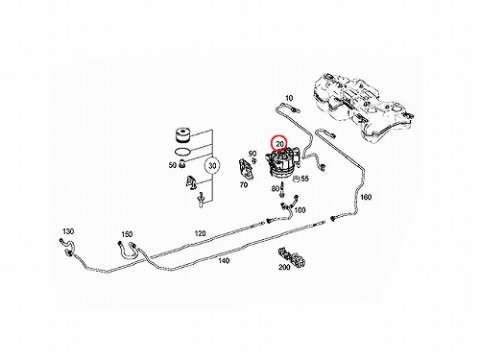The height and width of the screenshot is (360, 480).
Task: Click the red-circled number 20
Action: pos(280,144)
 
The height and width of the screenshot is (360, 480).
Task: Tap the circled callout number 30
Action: pos(212,166)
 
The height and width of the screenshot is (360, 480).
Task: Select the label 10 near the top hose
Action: pos(289,98)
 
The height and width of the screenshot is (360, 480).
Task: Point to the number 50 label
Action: pos(173,165)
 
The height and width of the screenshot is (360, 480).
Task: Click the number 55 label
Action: pos(305,179)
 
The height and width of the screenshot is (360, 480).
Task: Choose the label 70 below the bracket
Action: pos(244,184)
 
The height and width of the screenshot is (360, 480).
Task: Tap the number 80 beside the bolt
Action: pos(276,188)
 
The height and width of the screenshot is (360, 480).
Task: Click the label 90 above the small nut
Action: pos(252,154)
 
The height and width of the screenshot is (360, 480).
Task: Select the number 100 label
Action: pos(300,210)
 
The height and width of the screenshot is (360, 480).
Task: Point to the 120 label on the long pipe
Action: pos(200,233)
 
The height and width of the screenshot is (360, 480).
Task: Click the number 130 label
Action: pos(68,231)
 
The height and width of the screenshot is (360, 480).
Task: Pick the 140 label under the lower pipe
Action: pos(224,261)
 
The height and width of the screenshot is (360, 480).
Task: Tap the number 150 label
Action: pos(127,234)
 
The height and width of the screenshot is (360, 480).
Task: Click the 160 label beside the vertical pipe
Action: pos(366,197)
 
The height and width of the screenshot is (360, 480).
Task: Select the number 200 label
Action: pos(284,267)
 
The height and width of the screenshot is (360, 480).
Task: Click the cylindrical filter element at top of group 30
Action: pos(183,135)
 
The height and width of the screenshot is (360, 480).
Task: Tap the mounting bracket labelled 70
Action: pos(246,168)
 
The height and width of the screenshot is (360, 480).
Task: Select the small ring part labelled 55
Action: pos(296,179)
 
